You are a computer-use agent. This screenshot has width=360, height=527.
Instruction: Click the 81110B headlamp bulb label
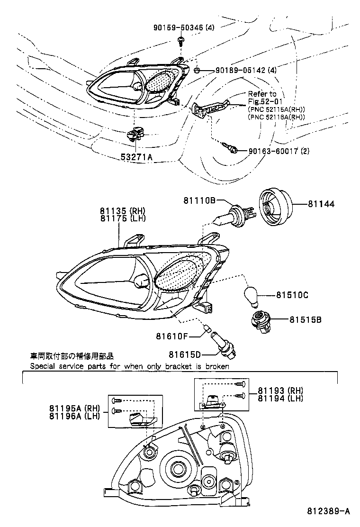[x=200, y=201]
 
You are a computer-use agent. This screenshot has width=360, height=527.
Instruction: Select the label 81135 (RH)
[x=123, y=211]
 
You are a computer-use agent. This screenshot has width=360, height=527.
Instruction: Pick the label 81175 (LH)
[x=123, y=218]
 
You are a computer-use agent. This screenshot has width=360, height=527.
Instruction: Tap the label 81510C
[x=292, y=295]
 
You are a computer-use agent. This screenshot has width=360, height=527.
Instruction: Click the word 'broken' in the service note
[x=217, y=366]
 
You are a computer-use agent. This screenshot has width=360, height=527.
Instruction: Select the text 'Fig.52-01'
[x=263, y=102]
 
